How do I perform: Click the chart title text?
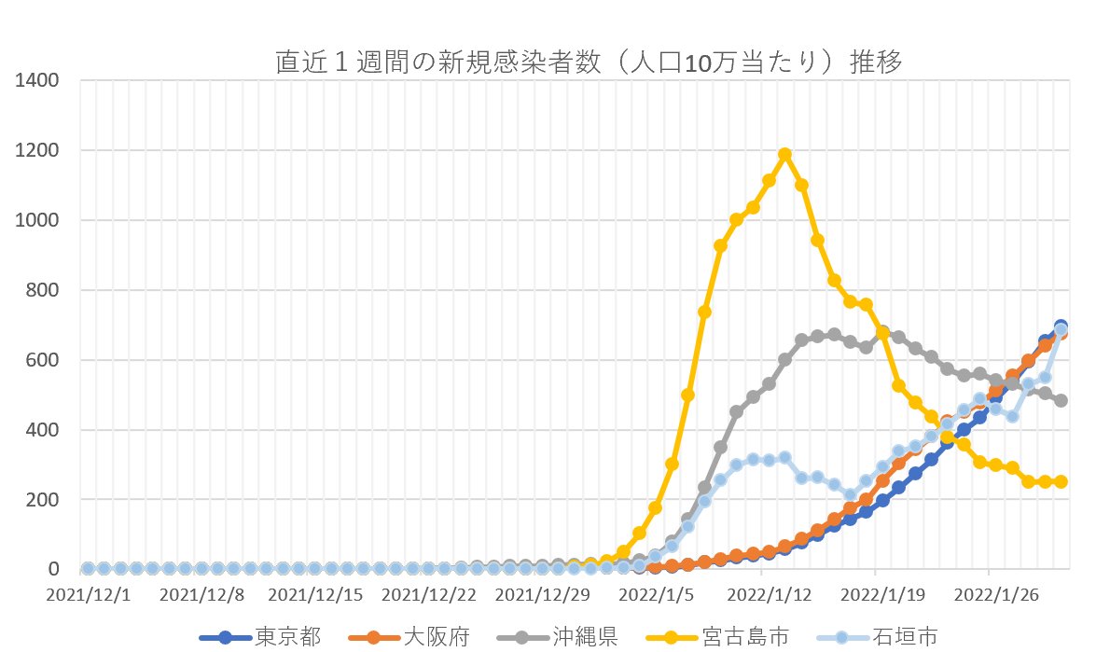click(x=588, y=62)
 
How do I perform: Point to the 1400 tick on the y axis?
click(x=38, y=80)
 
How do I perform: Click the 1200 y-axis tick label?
click(x=38, y=150)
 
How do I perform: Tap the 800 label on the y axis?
click(x=43, y=290)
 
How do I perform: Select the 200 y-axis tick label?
click(x=43, y=500)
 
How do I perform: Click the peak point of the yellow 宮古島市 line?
click(x=785, y=155)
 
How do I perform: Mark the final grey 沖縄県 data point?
click(x=1061, y=400)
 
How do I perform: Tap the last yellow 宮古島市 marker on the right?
click(x=1061, y=481)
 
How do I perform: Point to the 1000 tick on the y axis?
click(x=38, y=220)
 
